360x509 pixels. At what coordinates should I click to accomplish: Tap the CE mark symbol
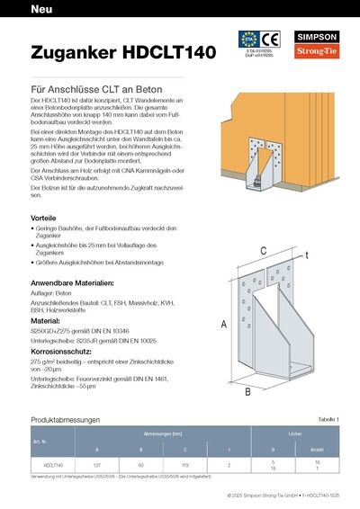coord(282,40)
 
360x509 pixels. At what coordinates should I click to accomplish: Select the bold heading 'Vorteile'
coord(44,217)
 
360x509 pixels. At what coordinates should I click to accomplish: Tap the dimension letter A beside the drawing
coord(224,323)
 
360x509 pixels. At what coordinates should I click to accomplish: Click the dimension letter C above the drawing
coord(263,250)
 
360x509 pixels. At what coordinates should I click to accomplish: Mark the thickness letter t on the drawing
coord(307,256)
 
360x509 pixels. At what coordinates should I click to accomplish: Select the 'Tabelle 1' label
coord(330,420)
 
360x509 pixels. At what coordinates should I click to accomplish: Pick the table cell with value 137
coord(97,465)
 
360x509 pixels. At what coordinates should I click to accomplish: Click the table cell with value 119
coord(185,465)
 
